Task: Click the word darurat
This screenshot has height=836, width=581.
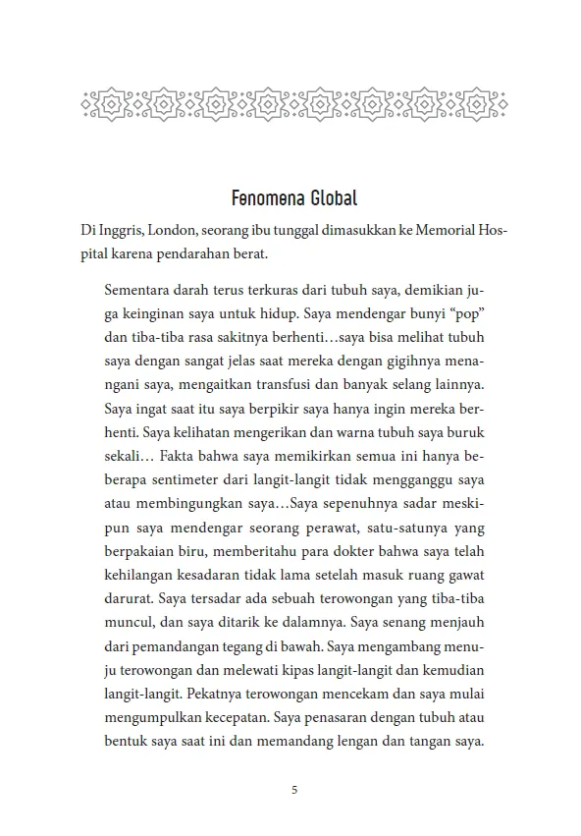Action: pyautogui.click(x=126, y=597)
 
